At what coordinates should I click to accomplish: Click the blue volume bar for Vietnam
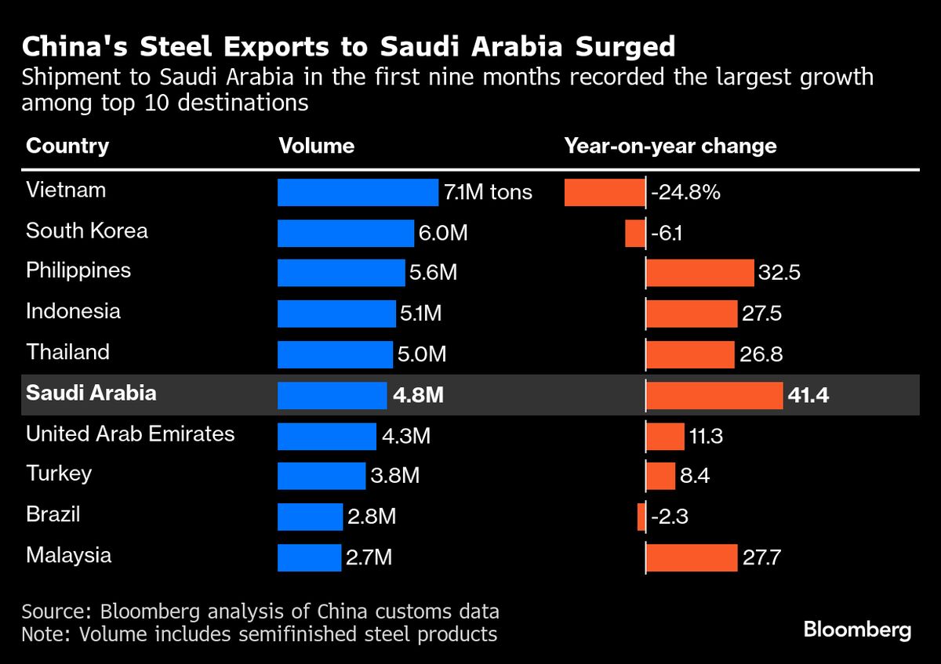(x=358, y=192)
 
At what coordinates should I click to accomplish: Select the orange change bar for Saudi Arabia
(x=714, y=396)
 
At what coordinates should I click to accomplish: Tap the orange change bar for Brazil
(x=641, y=517)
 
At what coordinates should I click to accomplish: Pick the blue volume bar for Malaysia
(x=310, y=557)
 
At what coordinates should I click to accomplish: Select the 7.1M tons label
(x=488, y=192)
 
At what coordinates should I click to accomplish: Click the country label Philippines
(x=78, y=271)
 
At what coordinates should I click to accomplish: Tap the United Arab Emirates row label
(x=130, y=434)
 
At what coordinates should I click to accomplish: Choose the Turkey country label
(x=59, y=474)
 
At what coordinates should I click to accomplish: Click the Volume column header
(x=317, y=146)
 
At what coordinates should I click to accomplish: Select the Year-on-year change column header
(x=670, y=146)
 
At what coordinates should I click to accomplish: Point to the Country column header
(x=67, y=146)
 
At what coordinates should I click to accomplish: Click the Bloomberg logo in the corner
(x=857, y=630)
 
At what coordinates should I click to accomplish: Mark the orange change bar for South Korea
(x=635, y=233)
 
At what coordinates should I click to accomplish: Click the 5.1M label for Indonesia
(x=421, y=314)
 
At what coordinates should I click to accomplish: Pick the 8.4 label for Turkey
(x=695, y=476)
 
